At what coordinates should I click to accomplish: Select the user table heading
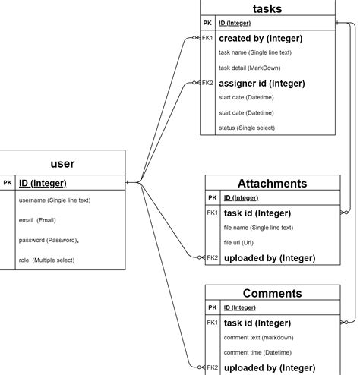(62, 163)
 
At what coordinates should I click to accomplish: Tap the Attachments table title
(272, 184)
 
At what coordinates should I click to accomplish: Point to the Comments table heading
(272, 293)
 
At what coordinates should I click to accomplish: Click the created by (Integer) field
(261, 38)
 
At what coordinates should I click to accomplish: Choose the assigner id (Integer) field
(261, 83)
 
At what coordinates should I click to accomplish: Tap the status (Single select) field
(247, 128)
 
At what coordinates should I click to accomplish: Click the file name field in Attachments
(258, 228)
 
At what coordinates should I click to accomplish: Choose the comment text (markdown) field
(258, 337)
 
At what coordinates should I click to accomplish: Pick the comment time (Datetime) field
(257, 352)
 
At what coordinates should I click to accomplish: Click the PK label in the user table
(8, 183)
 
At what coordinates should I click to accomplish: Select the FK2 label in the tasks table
(207, 83)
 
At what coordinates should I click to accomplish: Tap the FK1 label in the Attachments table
(213, 213)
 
